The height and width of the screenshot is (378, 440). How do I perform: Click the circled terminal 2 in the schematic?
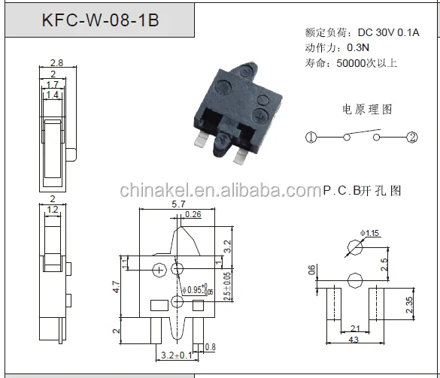(412, 138)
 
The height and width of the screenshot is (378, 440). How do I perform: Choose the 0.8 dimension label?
(210, 346)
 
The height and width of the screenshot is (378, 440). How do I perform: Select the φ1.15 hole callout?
(369, 234)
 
